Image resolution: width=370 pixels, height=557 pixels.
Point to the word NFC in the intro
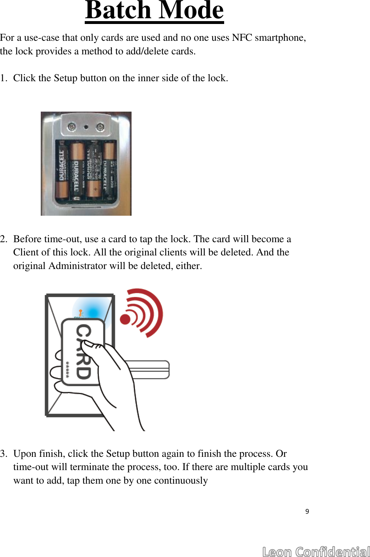pyautogui.click(x=242, y=38)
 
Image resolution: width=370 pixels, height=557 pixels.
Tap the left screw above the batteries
pyautogui.click(x=72, y=126)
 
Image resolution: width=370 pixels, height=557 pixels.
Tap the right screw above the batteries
pyautogui.click(x=100, y=127)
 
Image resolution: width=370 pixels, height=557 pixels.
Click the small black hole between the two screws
pyautogui.click(x=86, y=127)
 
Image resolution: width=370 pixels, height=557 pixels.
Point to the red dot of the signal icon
pyautogui.click(x=125, y=319)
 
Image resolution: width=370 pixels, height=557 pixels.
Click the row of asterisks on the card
pyautogui.click(x=67, y=370)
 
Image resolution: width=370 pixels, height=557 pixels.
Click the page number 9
pyautogui.click(x=307, y=511)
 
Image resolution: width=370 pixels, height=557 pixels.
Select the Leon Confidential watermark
pyautogui.click(x=316, y=551)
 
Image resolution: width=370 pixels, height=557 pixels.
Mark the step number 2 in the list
pyautogui.click(x=3, y=239)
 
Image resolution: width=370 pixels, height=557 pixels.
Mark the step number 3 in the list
pyautogui.click(x=3, y=454)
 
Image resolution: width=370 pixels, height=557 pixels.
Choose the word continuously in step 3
pyautogui.click(x=181, y=480)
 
